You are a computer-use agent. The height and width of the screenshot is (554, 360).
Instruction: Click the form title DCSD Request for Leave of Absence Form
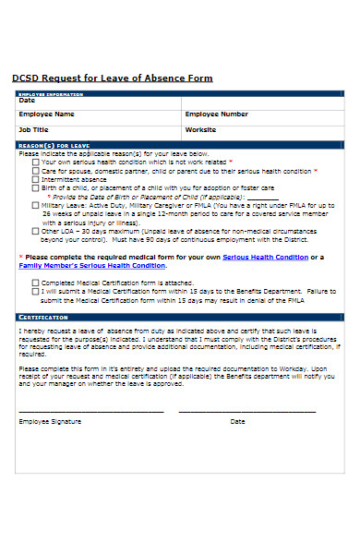point(112,78)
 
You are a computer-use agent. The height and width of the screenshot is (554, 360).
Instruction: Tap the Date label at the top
point(28,101)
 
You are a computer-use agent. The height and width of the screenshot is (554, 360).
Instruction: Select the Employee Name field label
point(47,114)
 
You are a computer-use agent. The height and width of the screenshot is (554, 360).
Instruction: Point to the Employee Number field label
point(217,114)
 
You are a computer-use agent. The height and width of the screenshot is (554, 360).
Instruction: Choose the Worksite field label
point(200,130)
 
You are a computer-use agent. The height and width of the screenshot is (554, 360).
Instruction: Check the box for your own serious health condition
point(36,162)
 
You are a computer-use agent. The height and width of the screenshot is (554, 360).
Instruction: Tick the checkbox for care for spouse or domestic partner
point(36,171)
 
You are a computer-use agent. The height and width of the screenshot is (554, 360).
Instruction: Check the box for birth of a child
point(36,188)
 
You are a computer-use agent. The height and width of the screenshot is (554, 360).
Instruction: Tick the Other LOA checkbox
point(36,231)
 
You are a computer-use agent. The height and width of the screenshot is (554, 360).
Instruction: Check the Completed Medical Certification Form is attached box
point(36,283)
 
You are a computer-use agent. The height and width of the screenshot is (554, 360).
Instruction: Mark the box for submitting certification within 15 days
point(36,291)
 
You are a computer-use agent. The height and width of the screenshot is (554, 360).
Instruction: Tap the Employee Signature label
point(50,421)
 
